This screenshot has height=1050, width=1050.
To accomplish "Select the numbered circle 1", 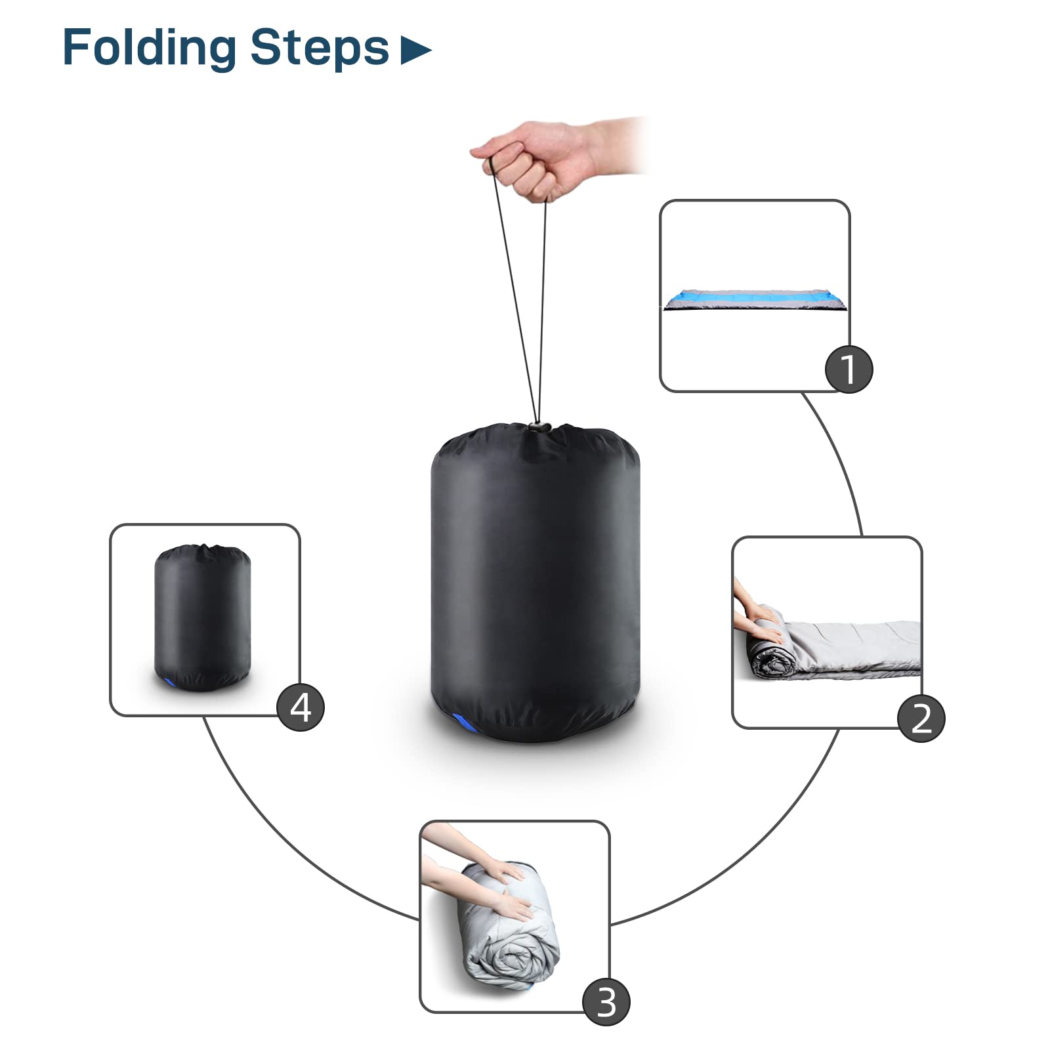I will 849,369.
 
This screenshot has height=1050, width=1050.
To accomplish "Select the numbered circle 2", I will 921,718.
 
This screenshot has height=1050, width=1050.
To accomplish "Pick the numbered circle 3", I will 606,1002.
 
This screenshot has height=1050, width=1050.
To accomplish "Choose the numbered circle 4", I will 301,707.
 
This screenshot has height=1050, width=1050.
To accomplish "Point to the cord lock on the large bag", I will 539,427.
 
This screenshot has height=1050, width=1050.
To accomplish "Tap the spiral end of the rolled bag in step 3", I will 505,958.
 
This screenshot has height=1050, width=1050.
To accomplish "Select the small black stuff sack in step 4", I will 203,617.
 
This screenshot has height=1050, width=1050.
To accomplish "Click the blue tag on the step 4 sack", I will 170,683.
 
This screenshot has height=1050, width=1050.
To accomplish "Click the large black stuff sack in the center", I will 535,584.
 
